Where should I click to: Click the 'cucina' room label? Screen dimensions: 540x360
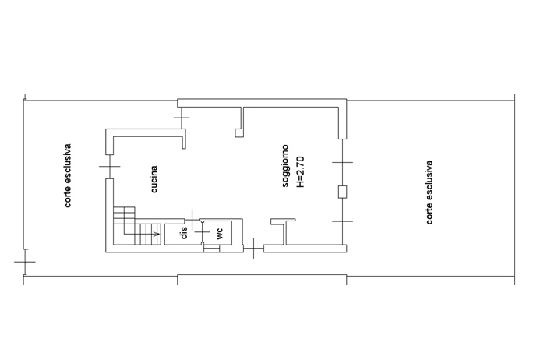pyautogui.click(x=154, y=179)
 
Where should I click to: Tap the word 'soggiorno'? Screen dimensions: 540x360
pyautogui.click(x=285, y=166)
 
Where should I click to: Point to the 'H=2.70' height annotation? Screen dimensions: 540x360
pyautogui.click(x=300, y=172)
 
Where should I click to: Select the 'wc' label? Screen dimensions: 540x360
pyautogui.click(x=220, y=234)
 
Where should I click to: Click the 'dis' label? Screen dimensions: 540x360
pyautogui.click(x=184, y=233)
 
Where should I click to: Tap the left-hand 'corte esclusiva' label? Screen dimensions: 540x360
pyautogui.click(x=68, y=175)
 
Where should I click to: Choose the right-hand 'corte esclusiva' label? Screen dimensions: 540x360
pyautogui.click(x=429, y=192)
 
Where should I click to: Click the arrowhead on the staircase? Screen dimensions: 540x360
pyautogui.click(x=157, y=235)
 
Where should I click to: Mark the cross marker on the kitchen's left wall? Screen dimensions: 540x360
pyautogui.click(x=110, y=167)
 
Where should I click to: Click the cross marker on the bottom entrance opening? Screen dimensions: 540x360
pyautogui.click(x=253, y=248)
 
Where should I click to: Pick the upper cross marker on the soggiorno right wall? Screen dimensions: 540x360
pyautogui.click(x=342, y=162)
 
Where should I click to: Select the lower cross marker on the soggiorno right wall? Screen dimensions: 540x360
pyautogui.click(x=342, y=221)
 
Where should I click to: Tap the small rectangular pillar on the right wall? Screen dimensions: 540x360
pyautogui.click(x=342, y=192)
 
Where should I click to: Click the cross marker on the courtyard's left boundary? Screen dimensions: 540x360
pyautogui.click(x=24, y=262)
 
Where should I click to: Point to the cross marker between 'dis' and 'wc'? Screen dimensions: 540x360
pyautogui.click(x=203, y=232)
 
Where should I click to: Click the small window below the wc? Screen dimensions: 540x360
pyautogui.click(x=211, y=249)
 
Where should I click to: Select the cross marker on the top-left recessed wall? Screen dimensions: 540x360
pyautogui.click(x=182, y=118)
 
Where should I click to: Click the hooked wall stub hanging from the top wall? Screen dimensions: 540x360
pyautogui.click(x=240, y=122)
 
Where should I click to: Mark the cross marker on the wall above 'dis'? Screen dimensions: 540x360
pyautogui.click(x=192, y=220)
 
